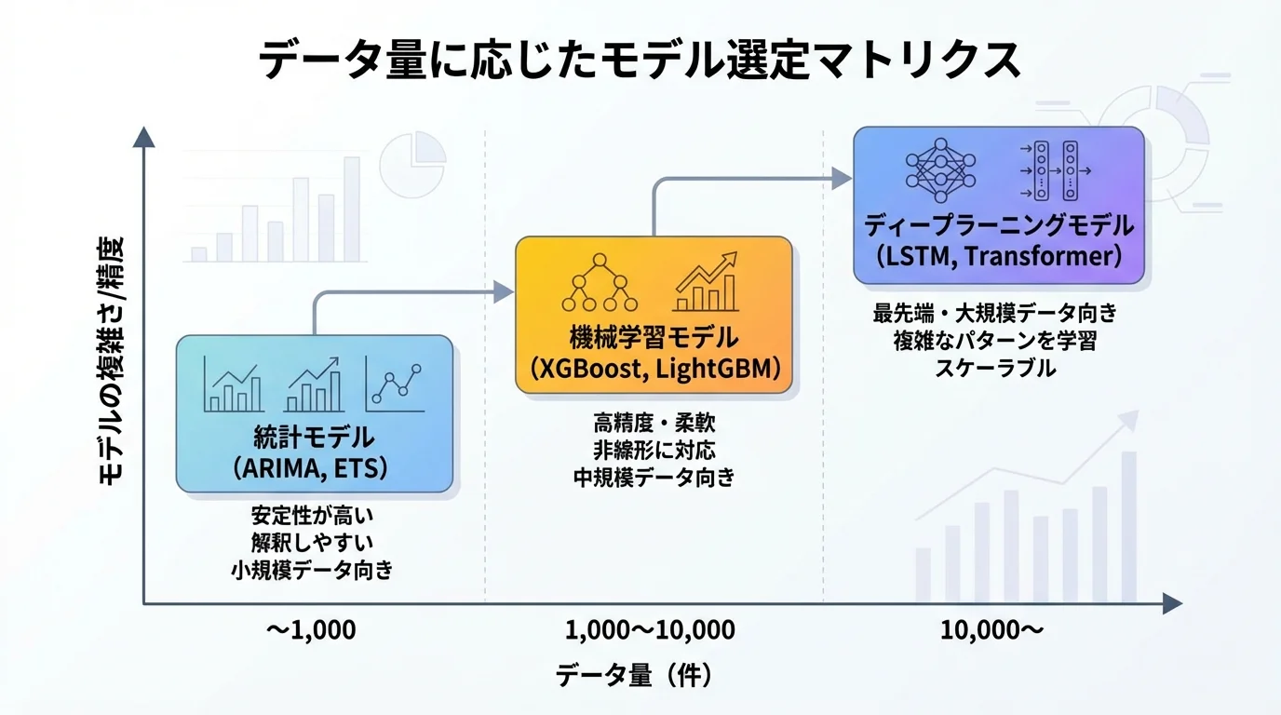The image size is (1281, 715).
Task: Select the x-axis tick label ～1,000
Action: point(311,630)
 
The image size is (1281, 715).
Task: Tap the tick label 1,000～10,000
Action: point(650,630)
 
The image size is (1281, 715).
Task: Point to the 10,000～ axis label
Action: point(991,630)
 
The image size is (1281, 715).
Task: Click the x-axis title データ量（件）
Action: point(639,675)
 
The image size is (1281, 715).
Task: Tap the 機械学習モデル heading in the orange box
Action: point(654,336)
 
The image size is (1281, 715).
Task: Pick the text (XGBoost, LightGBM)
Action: point(654,369)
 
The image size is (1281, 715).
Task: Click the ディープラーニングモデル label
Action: point(998,224)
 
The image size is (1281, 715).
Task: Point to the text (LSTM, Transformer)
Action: point(998,256)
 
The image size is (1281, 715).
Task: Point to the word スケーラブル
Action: point(994,368)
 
